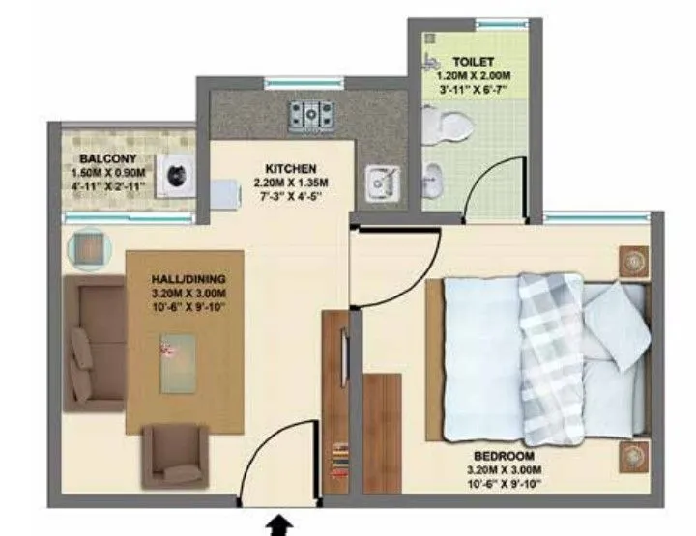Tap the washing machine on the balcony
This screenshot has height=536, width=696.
pos(177,176)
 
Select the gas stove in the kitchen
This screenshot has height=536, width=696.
pos(312,115)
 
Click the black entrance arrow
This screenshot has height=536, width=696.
pos(279,524)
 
